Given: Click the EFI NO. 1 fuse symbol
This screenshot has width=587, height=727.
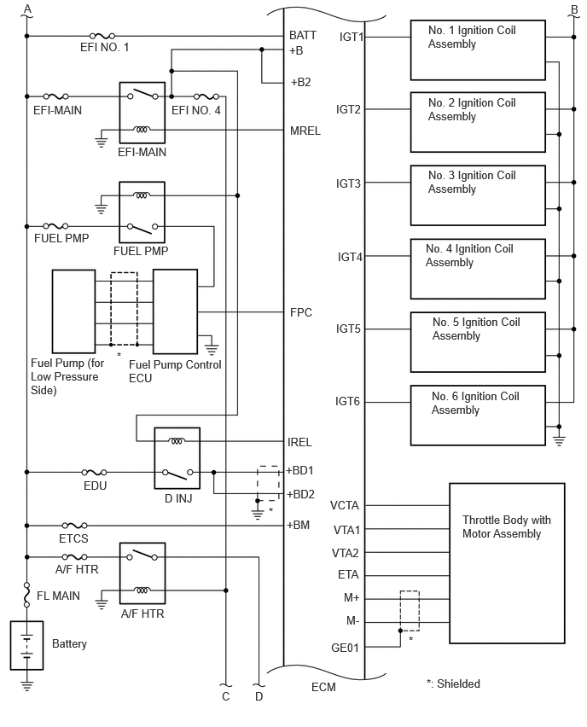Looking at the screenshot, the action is (x=102, y=36).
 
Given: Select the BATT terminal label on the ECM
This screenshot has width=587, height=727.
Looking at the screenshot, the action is (x=303, y=35).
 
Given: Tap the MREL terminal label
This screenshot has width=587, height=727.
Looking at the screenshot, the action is (x=305, y=131).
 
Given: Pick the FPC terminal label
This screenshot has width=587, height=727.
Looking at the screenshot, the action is (x=301, y=312).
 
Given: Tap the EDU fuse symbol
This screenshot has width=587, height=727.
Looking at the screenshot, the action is (x=94, y=472).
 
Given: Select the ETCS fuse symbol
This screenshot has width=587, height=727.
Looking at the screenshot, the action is (x=74, y=526).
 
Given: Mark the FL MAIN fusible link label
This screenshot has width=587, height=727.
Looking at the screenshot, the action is (x=58, y=596).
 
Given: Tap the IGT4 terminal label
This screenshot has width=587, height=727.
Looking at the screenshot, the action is (x=350, y=257).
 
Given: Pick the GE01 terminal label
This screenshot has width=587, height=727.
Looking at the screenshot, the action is (x=345, y=648).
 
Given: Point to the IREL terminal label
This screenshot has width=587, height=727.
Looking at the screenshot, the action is (x=299, y=442).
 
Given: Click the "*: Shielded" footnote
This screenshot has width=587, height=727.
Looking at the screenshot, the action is (x=453, y=683).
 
